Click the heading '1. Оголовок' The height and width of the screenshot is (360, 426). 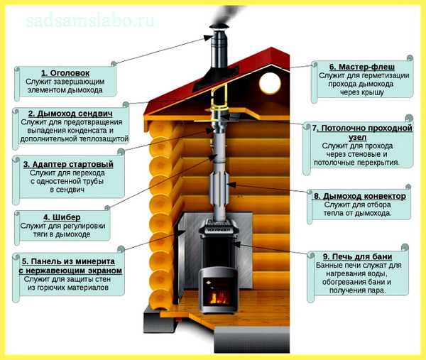tap(65, 73)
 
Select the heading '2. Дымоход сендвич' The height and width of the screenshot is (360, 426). tap(70, 114)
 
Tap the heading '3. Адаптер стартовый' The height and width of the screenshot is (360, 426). tap(68, 164)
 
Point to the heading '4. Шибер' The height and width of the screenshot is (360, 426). tap(62, 217)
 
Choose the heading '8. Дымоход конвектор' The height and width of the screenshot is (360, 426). tap(360, 196)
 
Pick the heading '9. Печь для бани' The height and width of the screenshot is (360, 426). tap(358, 257)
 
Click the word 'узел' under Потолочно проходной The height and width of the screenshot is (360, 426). tap(357, 137)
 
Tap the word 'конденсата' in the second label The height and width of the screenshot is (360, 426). tap(87, 131)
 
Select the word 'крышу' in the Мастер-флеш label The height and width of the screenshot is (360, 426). tap(373, 92)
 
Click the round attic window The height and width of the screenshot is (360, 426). tap(270, 82)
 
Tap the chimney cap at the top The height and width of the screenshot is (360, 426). tap(219, 26)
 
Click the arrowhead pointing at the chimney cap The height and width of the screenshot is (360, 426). tap(209, 38)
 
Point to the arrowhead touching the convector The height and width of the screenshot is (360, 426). tap(230, 185)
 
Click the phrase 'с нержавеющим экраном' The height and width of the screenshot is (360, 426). tap(70, 271)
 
